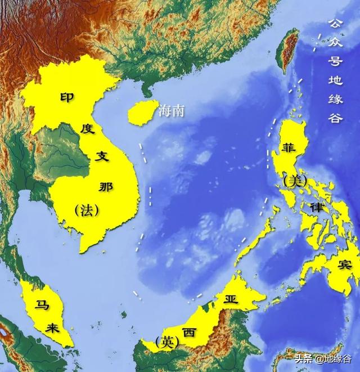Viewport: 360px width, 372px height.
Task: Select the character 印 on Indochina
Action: [x=67, y=97]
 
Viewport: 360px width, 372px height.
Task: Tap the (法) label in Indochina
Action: [x=86, y=210]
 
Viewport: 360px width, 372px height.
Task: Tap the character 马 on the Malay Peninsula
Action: [x=40, y=306]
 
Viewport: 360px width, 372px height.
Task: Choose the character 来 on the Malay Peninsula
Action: [x=55, y=329]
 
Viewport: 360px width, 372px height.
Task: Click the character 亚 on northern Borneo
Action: [x=231, y=298]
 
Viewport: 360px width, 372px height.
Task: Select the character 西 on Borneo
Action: [x=189, y=332]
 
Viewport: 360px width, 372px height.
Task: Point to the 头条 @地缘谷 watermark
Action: [x=327, y=358]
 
